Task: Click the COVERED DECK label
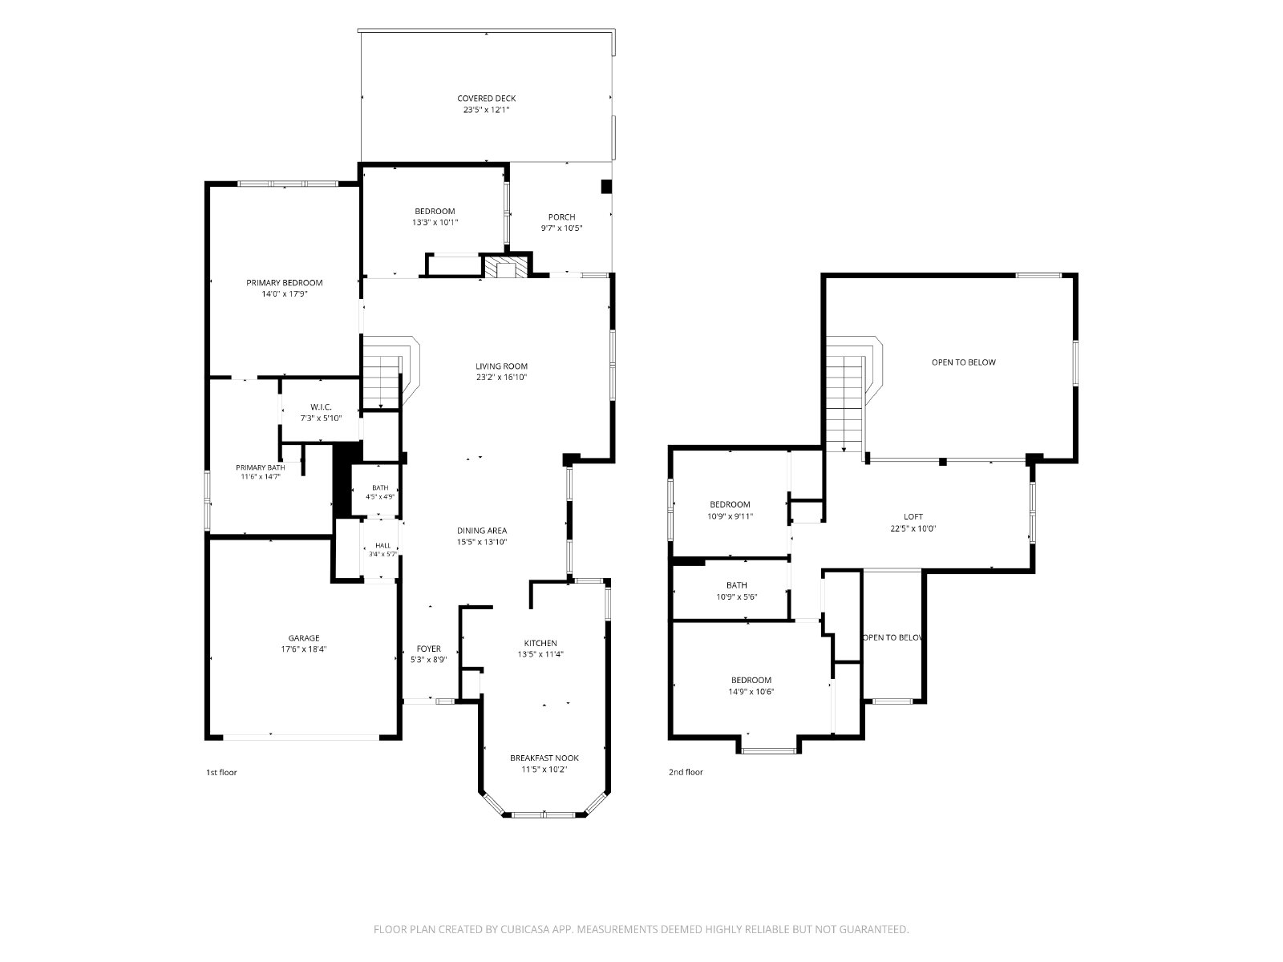click(x=486, y=99)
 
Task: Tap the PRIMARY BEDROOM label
click(x=284, y=283)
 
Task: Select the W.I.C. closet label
click(x=321, y=407)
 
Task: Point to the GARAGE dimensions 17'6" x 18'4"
click(x=303, y=649)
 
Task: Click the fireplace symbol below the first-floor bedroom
click(x=506, y=266)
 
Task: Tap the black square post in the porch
click(x=607, y=186)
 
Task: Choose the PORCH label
click(x=562, y=217)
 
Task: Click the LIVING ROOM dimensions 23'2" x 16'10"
click(x=501, y=378)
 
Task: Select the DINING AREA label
click(x=482, y=531)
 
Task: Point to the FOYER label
click(x=428, y=649)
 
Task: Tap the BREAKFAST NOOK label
click(x=544, y=758)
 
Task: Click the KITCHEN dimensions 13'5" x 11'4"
click(x=540, y=654)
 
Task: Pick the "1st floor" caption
click(x=221, y=772)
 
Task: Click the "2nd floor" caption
click(x=686, y=772)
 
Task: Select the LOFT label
click(x=913, y=517)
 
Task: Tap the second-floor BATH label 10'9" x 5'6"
click(x=736, y=585)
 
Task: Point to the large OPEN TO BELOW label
click(x=963, y=362)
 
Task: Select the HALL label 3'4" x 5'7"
click(x=382, y=546)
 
